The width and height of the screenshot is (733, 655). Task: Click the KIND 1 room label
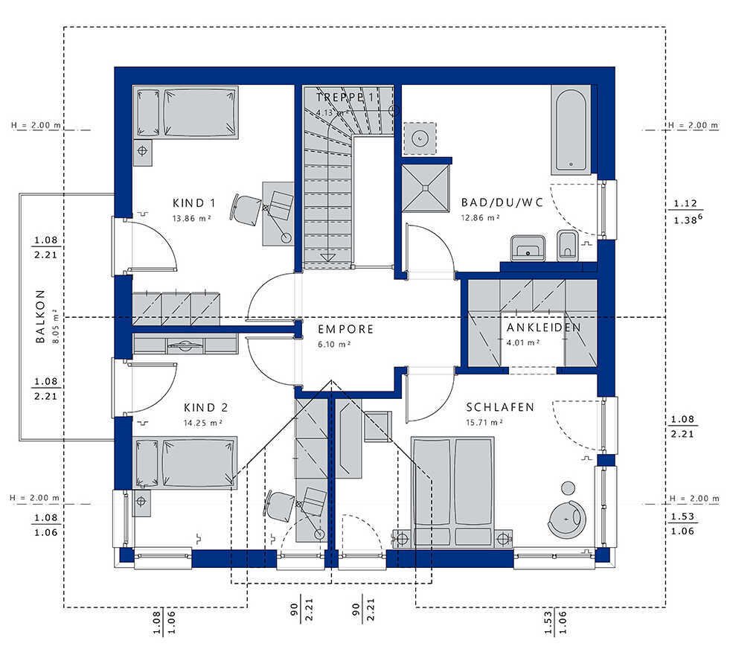194,203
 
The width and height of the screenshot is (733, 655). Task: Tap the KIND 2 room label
205,408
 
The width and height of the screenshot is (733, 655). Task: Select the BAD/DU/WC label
502,202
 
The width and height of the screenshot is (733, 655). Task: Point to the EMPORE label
346,329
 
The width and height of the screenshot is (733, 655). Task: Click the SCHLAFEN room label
500,407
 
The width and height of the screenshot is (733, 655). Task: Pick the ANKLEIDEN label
544,327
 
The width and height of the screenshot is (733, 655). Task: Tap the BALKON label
41,316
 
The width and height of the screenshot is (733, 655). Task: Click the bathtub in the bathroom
570,129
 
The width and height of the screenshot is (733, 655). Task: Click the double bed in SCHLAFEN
452,491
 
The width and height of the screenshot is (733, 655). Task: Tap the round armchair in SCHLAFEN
565,518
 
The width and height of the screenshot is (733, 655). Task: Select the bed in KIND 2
185,463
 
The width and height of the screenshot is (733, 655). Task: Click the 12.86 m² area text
481,218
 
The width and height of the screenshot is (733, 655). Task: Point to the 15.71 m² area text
484,423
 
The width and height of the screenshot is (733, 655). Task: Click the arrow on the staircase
327,257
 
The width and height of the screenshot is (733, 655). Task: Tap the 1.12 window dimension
685,203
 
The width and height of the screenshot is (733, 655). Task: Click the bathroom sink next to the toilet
528,247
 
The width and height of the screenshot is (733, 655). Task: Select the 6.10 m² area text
334,345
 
